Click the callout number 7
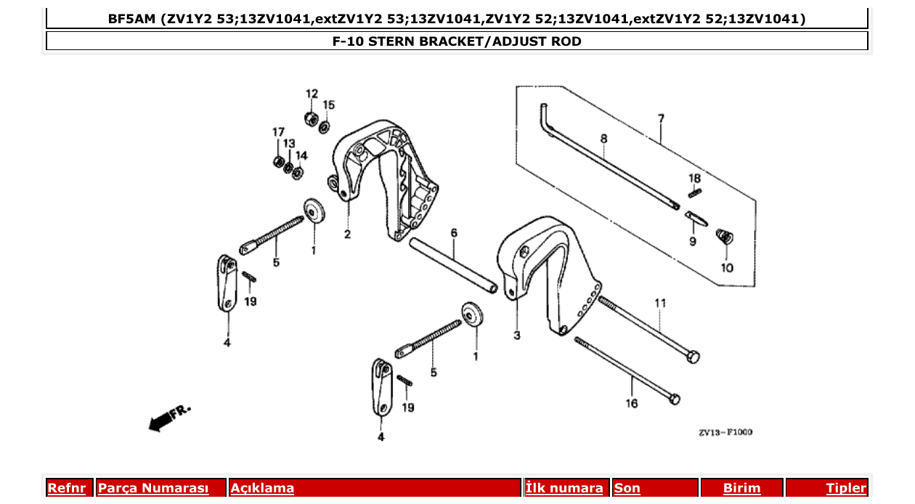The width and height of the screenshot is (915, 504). click(x=661, y=118)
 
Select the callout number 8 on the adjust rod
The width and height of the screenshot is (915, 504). click(x=603, y=138)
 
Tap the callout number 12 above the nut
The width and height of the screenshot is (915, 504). click(x=312, y=94)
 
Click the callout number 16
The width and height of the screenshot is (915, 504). click(x=631, y=403)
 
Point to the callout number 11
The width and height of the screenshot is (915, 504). click(x=660, y=302)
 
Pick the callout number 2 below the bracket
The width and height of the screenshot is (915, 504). click(x=347, y=235)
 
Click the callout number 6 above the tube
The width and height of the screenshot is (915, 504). click(x=454, y=233)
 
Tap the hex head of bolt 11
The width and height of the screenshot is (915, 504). click(x=693, y=357)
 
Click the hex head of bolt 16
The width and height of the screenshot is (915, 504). click(x=674, y=399)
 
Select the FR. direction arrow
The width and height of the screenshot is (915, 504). click(x=162, y=420)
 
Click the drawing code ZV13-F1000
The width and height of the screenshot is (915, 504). click(x=725, y=433)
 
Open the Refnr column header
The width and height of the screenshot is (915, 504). click(x=67, y=488)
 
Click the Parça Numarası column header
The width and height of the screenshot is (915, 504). click(x=153, y=488)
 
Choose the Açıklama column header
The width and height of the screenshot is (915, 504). click(x=262, y=488)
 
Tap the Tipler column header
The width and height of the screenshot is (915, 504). click(x=846, y=488)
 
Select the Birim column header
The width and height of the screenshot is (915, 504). click(x=741, y=488)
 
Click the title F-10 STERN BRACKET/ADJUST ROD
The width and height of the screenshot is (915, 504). click(x=457, y=41)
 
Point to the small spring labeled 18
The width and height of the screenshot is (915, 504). click(x=695, y=192)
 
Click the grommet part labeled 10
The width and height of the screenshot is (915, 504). click(x=724, y=236)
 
